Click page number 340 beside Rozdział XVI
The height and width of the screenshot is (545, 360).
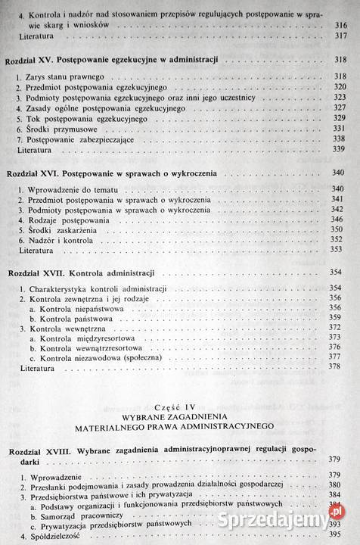point(339,173)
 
